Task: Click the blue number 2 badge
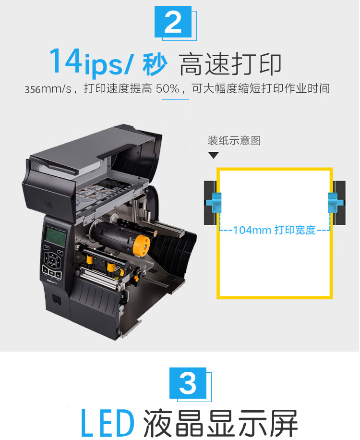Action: pyautogui.click(x=173, y=22)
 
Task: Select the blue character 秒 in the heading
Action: pyautogui.click(x=155, y=64)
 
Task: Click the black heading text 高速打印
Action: pyautogui.click(x=230, y=64)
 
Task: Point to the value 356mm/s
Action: pyautogui.click(x=48, y=89)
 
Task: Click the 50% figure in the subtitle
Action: pyautogui.click(x=168, y=89)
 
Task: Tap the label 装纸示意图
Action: pyautogui.click(x=234, y=140)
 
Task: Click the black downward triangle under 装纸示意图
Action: pyautogui.click(x=214, y=155)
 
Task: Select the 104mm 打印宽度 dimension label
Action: pyautogui.click(x=274, y=230)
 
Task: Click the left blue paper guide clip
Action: pyautogui.click(x=214, y=202)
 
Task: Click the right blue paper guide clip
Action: pyautogui.click(x=336, y=202)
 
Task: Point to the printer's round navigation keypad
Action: pyautogui.click(x=52, y=260)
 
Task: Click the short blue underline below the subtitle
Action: pyautogui.click(x=176, y=99)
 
